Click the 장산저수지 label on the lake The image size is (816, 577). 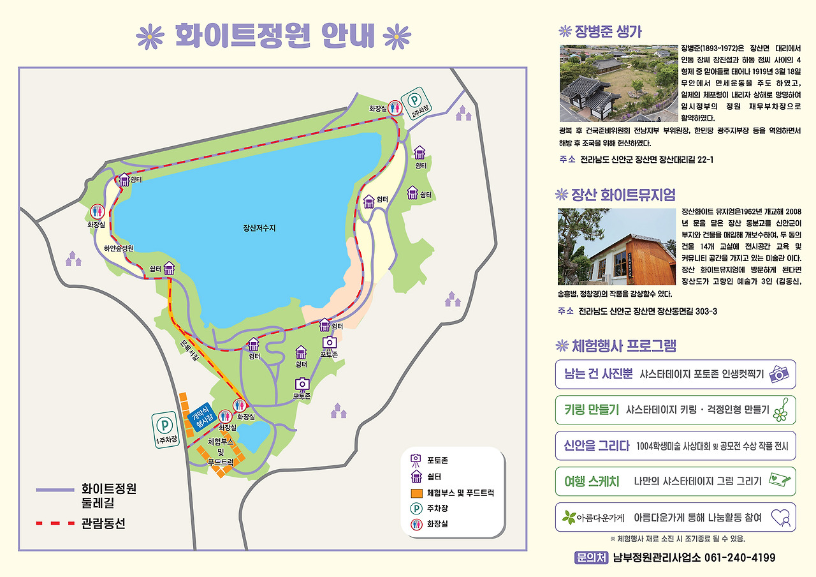263,227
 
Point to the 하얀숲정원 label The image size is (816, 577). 119,248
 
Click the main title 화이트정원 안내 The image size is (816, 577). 274,36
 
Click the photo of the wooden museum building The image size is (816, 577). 616,246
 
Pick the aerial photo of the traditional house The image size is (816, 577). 618,83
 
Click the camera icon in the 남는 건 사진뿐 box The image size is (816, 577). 779,373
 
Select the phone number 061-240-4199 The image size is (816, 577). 739,558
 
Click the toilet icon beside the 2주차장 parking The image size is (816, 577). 395,108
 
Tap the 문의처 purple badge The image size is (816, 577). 590,558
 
